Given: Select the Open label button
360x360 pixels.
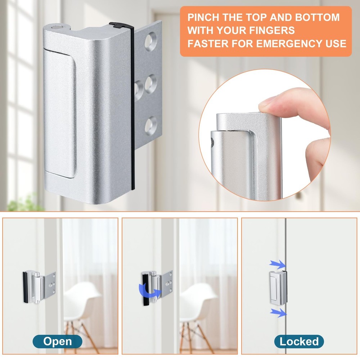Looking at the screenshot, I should coord(58,341).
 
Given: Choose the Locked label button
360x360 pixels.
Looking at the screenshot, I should coord(299,341).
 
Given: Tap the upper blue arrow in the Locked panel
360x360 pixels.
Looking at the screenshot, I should coord(277,265).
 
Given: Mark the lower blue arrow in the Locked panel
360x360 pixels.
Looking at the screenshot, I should coord(278,312).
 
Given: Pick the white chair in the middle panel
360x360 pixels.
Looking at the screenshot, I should coord(198,306).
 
